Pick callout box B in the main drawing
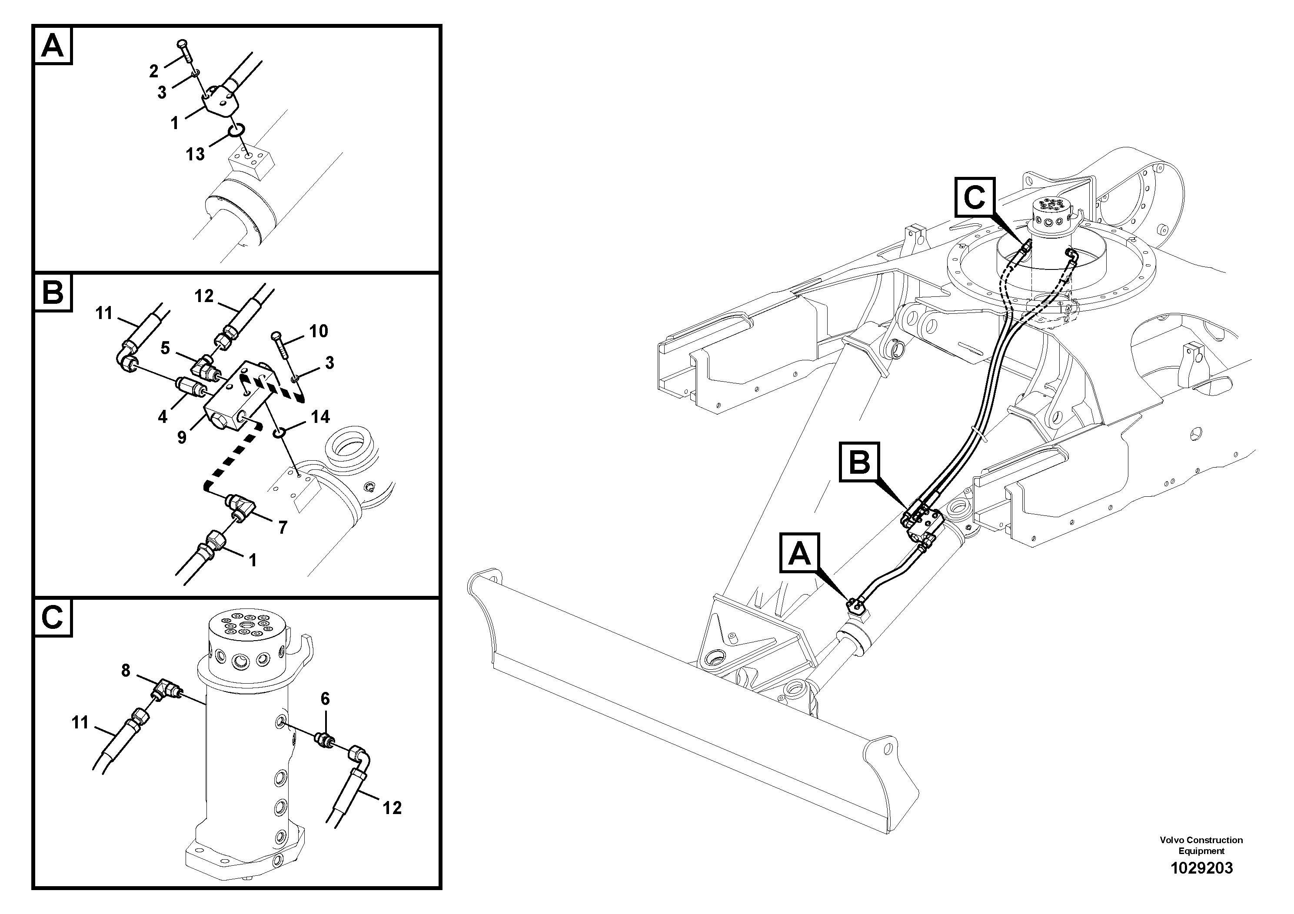pos(859,462)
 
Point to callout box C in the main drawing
pos(975,197)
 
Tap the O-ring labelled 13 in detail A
pos(236,131)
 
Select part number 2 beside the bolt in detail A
pos(154,71)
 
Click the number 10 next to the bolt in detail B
pos(319,331)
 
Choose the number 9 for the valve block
pos(182,437)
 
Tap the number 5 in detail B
pos(165,348)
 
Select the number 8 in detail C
pos(125,670)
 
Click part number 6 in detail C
pos(325,699)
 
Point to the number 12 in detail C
pos(392,808)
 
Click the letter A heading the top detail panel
pos(53,46)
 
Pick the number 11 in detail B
pos(104,313)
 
